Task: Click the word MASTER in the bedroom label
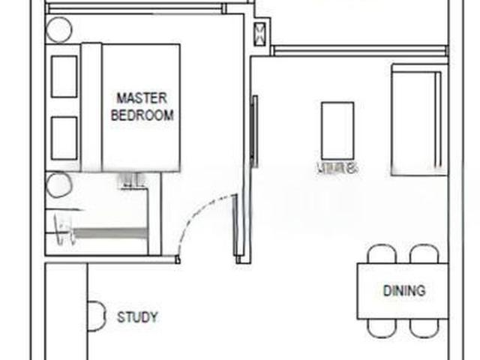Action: point(142,98)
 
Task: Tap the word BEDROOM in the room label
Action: point(142,115)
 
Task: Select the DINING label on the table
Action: point(403,290)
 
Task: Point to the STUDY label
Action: point(137,317)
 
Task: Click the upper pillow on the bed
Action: point(64,76)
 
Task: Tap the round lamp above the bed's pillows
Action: point(59,31)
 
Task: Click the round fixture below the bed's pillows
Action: point(58,184)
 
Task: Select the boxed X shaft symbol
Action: point(260,33)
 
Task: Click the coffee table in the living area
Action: point(337,128)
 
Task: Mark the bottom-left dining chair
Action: point(381,328)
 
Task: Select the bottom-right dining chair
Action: point(424,328)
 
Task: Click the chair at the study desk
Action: point(96,315)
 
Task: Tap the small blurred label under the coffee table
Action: point(337,167)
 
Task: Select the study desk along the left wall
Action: point(66,311)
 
